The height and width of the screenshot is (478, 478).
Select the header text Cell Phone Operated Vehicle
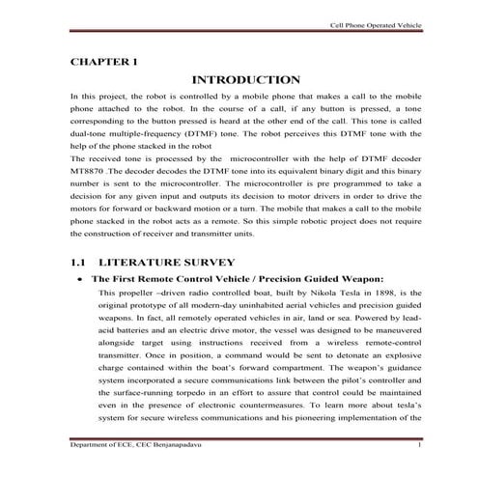point(372,26)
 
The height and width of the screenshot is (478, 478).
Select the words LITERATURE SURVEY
point(156,262)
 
